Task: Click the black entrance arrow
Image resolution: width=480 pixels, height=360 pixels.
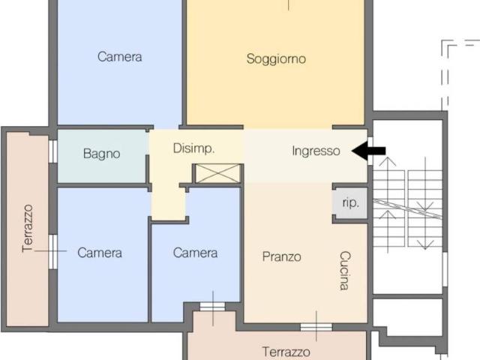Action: (369, 151)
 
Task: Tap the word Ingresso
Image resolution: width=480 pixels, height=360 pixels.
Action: (316, 151)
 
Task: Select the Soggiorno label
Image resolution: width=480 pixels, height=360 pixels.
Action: (276, 59)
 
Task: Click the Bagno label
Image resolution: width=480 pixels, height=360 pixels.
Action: (101, 154)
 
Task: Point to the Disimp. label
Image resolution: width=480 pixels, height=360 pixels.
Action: (194, 148)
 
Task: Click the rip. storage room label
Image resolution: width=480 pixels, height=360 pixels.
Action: (350, 202)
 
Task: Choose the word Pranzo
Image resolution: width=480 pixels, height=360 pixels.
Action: (282, 256)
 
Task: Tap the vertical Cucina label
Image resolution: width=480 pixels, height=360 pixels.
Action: (344, 270)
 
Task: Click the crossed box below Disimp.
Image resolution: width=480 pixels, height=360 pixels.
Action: (218, 173)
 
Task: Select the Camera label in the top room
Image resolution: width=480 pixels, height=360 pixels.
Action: (120, 56)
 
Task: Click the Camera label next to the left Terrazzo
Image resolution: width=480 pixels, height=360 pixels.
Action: (100, 253)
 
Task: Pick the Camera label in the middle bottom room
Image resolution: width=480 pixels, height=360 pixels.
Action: (195, 253)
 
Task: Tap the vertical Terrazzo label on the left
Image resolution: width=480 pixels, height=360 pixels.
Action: (28, 228)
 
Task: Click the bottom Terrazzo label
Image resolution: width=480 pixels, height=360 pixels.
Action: (286, 352)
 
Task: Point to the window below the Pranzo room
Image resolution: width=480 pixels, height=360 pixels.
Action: (316, 326)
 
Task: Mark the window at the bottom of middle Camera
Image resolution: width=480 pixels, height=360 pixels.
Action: (212, 305)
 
